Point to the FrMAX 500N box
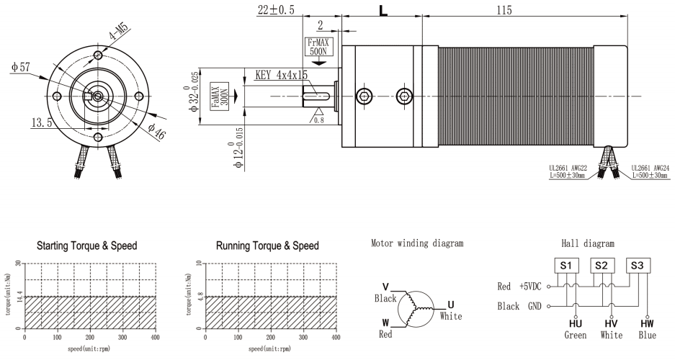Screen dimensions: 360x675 tap(318, 48)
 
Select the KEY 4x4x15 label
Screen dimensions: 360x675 tap(282, 75)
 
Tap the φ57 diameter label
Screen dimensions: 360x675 tap(21, 67)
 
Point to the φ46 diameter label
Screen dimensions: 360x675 tap(157, 132)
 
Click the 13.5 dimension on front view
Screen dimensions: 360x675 tap(40, 123)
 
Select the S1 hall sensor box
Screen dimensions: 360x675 tap(566, 265)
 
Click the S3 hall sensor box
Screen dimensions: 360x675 tap(638, 265)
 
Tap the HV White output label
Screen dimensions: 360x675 tap(611, 329)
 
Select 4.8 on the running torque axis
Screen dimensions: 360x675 tap(199, 296)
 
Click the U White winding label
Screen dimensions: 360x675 tap(450, 310)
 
